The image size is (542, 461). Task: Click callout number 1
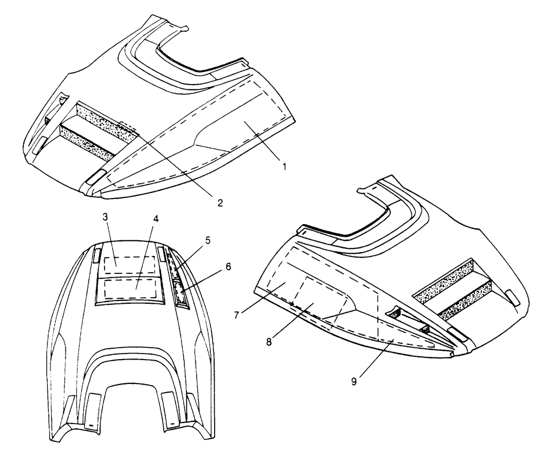click(x=284, y=167)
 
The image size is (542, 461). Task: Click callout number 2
click(x=220, y=203)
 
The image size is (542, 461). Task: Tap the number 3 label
click(x=106, y=217)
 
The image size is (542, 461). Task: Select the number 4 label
click(x=156, y=219)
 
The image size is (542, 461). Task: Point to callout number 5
click(x=208, y=240)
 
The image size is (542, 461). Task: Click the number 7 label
click(x=236, y=316)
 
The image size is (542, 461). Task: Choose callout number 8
click(x=269, y=342)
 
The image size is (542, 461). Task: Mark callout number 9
click(x=353, y=382)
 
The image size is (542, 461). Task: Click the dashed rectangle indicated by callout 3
click(x=130, y=265)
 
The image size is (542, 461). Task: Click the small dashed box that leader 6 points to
click(x=180, y=292)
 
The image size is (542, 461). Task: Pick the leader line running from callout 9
click(x=376, y=358)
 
